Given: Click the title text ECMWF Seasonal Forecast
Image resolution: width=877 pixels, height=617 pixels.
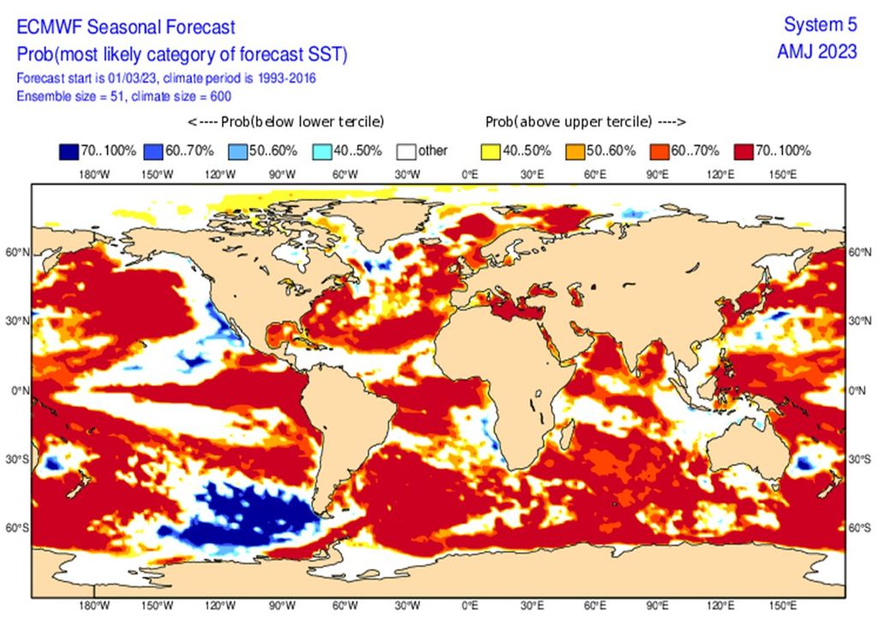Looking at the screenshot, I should coord(126,28).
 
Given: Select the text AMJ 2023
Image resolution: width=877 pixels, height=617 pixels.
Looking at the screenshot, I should coord(816,51).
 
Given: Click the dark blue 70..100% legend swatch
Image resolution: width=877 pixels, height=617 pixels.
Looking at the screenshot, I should coord(72,152).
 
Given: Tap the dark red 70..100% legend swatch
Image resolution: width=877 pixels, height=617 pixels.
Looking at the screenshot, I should coord(743,152).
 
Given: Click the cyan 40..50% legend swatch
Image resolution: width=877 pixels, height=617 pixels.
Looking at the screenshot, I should coord(322,152).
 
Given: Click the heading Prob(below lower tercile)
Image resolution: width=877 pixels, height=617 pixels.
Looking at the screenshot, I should coord(284,121).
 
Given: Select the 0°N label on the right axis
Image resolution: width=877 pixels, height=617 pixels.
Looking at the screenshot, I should coord(859,391).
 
